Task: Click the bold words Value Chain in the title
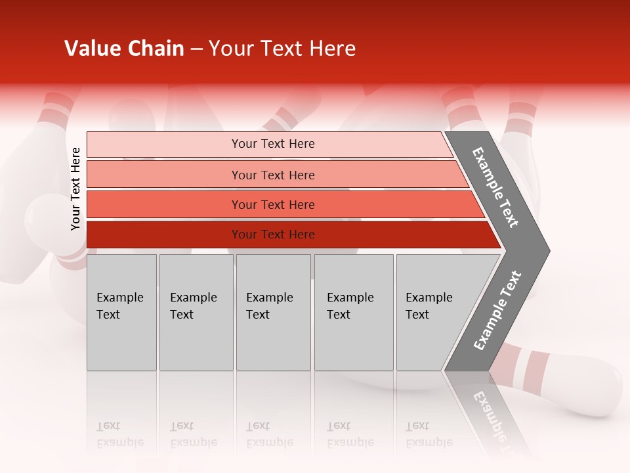(124, 49)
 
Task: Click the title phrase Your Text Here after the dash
(282, 49)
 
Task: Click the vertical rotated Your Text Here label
(75, 189)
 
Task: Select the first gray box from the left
(121, 312)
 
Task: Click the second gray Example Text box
(196, 312)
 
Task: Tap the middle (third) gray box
(273, 312)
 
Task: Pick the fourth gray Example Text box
(354, 312)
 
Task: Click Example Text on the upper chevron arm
(495, 188)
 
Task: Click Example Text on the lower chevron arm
(497, 311)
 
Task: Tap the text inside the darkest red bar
(273, 235)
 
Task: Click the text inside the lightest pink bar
(273, 144)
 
